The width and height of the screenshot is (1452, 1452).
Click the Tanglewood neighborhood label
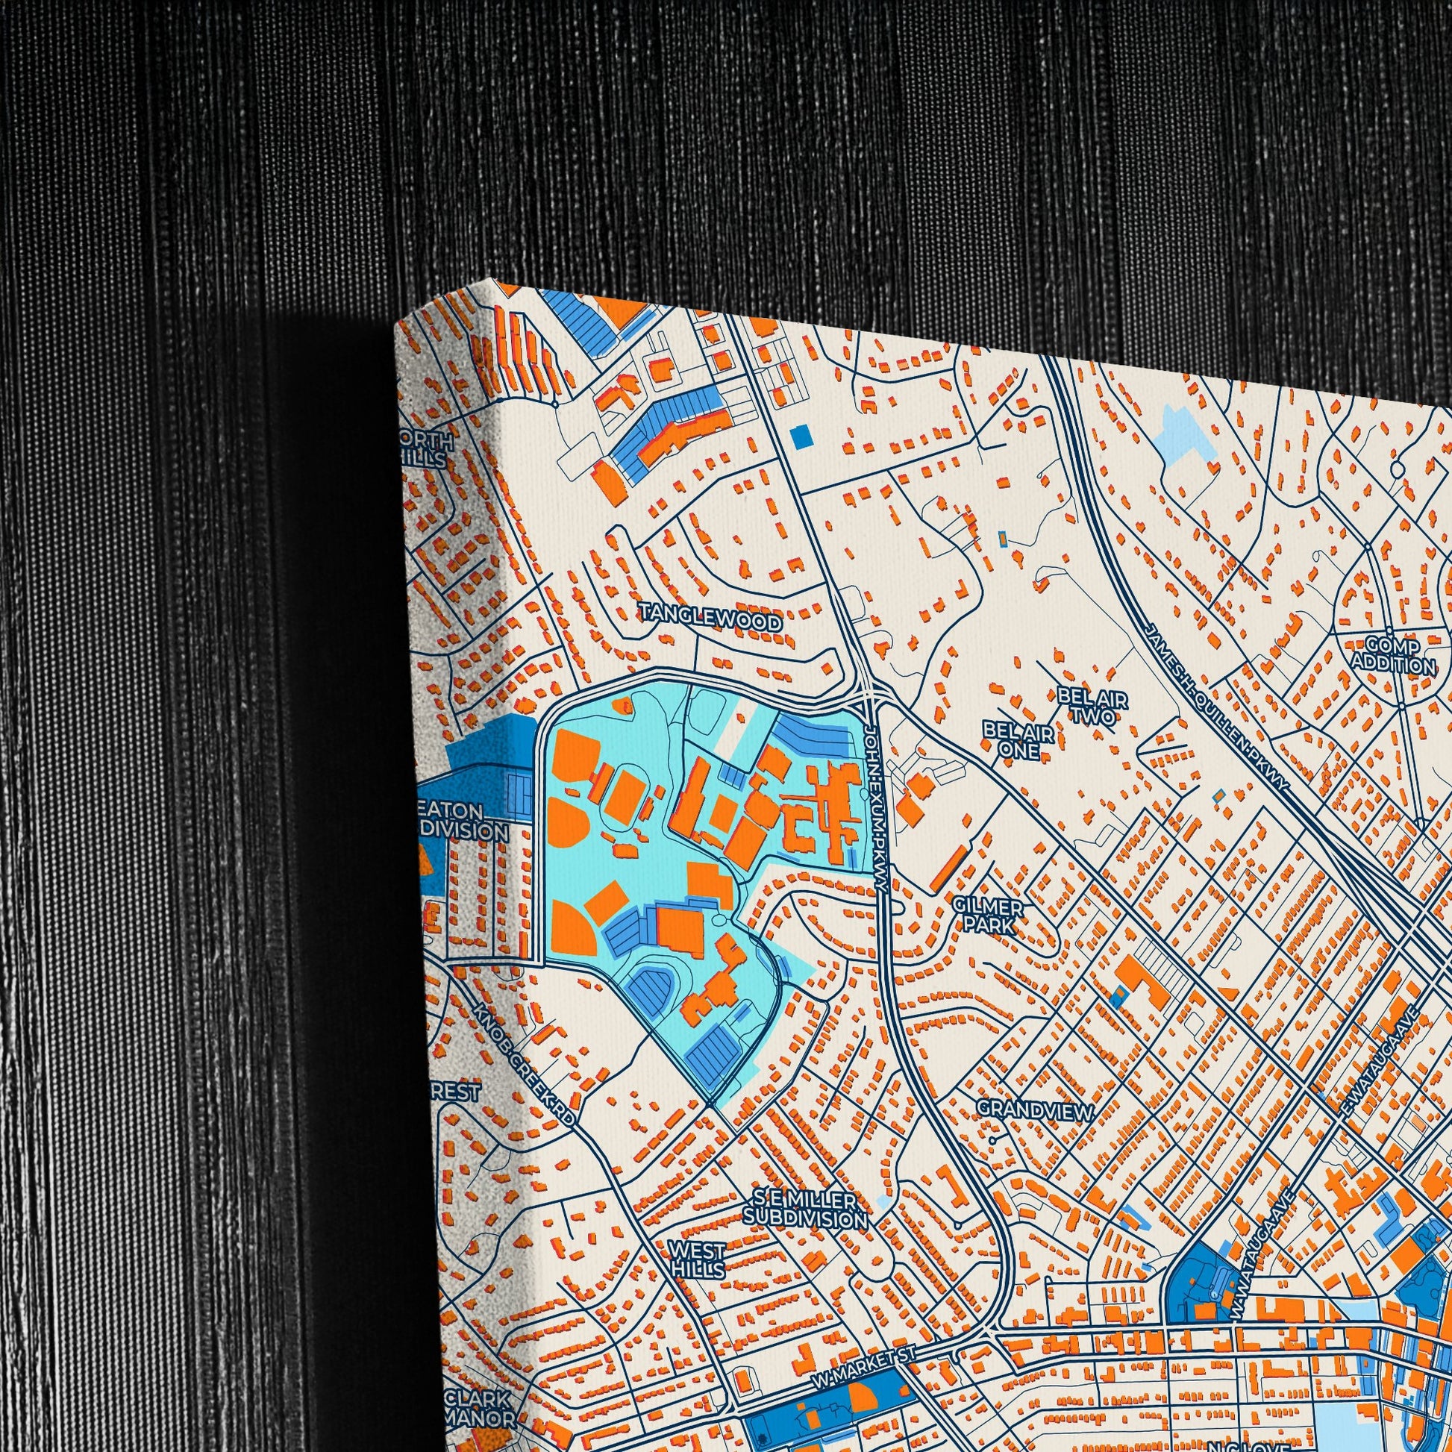coord(710,622)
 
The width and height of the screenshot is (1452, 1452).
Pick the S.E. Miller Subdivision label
coord(804,1209)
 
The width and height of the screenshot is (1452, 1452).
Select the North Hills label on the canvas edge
coord(428,448)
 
